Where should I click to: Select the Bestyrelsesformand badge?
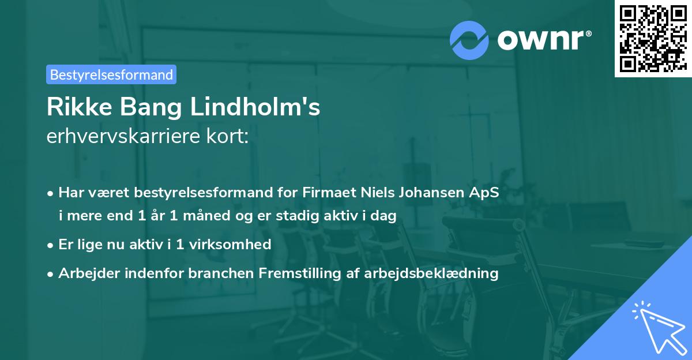(x=111, y=74)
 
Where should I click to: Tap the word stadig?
(x=306, y=216)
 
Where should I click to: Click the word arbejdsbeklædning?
(x=431, y=272)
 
